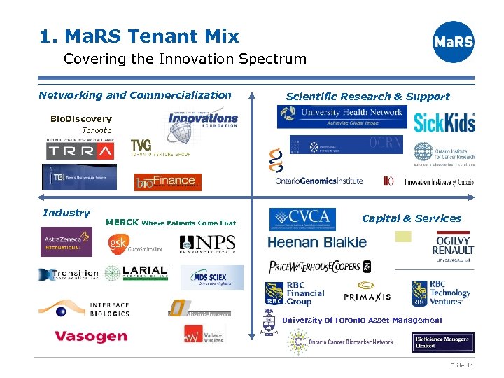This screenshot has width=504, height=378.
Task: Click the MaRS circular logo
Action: click(454, 42)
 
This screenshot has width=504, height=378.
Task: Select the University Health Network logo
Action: click(342, 116)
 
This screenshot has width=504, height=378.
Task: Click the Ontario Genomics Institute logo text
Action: click(319, 181)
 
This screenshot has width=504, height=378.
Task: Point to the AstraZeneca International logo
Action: click(66, 241)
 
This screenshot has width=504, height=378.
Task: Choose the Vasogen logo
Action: click(91, 337)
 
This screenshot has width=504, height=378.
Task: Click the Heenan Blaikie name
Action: click(317, 243)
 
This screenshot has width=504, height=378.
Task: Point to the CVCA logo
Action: click(302, 219)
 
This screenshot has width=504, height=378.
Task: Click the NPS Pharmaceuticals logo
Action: click(207, 244)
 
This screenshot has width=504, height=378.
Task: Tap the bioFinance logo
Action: click(167, 181)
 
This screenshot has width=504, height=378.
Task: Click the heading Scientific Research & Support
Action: click(367, 97)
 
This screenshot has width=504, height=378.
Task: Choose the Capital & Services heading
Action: click(412, 218)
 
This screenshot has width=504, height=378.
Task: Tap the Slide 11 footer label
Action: click(462, 365)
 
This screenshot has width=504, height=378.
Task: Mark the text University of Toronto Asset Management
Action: click(362, 321)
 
